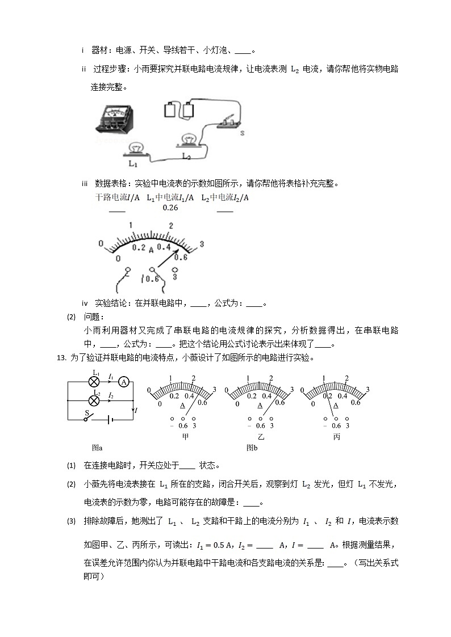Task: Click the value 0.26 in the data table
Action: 170,208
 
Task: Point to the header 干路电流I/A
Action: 117,197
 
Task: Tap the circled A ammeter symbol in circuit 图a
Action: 127,382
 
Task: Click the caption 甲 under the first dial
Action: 184,437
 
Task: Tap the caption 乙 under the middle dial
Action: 261,437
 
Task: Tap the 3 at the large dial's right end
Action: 202,245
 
